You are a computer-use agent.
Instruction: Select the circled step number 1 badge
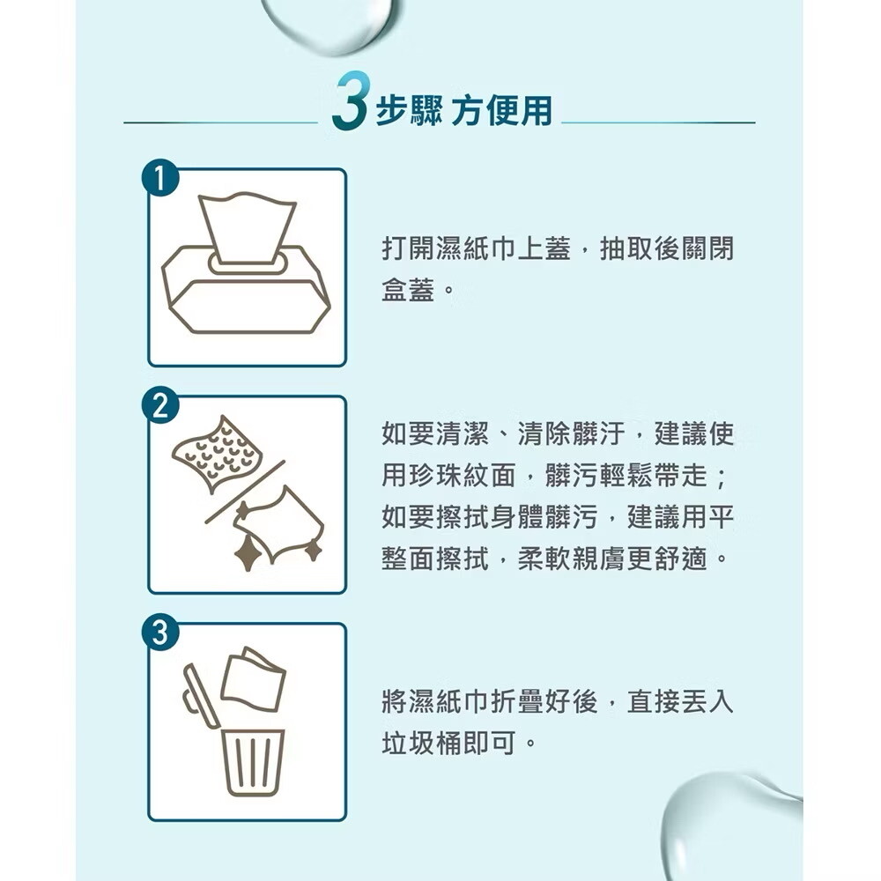pyautogui.click(x=160, y=180)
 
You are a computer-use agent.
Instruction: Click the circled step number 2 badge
pyautogui.click(x=160, y=405)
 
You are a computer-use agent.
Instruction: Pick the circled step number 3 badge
pyautogui.click(x=160, y=632)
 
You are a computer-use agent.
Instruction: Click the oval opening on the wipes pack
pyautogui.click(x=248, y=263)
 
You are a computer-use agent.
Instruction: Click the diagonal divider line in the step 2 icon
pyautogui.click(x=245, y=492)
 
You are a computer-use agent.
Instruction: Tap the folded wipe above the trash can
pyautogui.click(x=253, y=679)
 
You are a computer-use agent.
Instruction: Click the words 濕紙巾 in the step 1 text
pyautogui.click(x=463, y=249)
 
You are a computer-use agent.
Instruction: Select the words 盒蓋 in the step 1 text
pyautogui.click(x=408, y=291)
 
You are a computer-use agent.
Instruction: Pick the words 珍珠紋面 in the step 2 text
pyautogui.click(x=463, y=476)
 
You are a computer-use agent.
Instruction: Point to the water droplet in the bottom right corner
pyautogui.click(x=730, y=826)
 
